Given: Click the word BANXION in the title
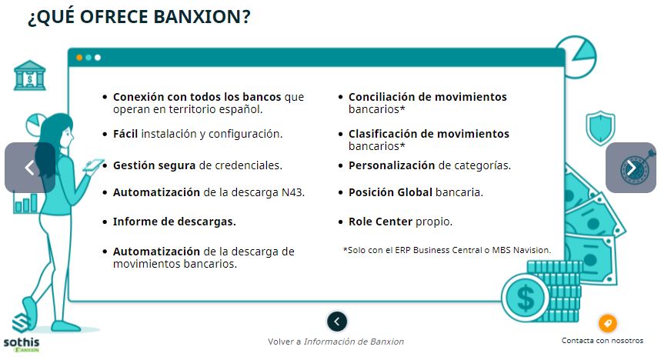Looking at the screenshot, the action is pyautogui.click(x=202, y=17).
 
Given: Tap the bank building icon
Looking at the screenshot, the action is pyautogui.click(x=29, y=75).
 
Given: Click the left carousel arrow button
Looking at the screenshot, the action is pyautogui.click(x=30, y=168).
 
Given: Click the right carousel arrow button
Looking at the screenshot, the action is pyautogui.click(x=631, y=168).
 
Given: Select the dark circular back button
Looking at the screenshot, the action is pyautogui.click(x=337, y=322).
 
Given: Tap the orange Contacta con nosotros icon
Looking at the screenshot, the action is pyautogui.click(x=607, y=324).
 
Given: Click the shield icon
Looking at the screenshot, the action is pyautogui.click(x=600, y=128).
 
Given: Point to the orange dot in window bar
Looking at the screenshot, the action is pyautogui.click(x=79, y=58).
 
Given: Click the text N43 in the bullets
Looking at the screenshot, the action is pyautogui.click(x=293, y=192).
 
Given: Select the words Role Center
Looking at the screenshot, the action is pyautogui.click(x=380, y=222).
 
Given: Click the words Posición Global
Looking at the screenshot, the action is pyautogui.click(x=390, y=192).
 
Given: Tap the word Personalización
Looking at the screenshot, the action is pyautogui.click(x=392, y=165).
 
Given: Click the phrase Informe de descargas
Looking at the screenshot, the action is pyautogui.click(x=174, y=222).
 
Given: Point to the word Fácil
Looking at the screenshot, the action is pyautogui.click(x=125, y=134).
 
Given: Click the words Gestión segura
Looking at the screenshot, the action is pyautogui.click(x=155, y=165).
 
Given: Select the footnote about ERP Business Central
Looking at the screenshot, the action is pyautogui.click(x=447, y=250).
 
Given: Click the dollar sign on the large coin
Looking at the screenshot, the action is pyautogui.click(x=526, y=298).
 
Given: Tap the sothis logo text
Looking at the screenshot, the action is pyautogui.click(x=22, y=342).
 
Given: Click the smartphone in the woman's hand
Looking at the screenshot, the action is pyautogui.click(x=93, y=165).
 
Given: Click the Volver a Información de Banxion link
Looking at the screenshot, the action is pyautogui.click(x=336, y=342).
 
